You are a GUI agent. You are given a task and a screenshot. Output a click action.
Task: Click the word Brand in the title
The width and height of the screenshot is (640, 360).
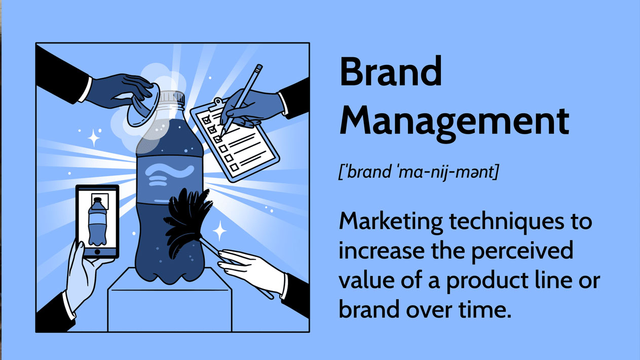tap(391, 71)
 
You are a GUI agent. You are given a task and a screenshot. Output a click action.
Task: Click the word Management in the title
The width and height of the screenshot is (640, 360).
tap(455, 122)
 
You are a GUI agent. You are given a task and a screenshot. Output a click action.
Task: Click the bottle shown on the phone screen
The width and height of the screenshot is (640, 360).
tap(97, 222)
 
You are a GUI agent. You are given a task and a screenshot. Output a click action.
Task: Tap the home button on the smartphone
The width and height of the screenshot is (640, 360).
tap(97, 252)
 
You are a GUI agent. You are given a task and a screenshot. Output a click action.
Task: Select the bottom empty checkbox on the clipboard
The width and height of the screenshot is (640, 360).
tap(234, 167)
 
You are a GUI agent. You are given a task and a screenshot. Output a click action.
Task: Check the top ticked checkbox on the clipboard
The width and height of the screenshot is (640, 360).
tap(207, 120)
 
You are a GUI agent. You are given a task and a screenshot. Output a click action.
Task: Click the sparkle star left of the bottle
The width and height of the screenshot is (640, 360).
tap(93, 138)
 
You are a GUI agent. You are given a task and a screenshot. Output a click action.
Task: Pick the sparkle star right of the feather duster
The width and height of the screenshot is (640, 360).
tap(219, 231)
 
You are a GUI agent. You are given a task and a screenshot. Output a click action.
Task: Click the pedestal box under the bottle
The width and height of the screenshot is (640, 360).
tap(170, 300)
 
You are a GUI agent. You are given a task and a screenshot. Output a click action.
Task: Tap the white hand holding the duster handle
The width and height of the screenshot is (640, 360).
tap(251, 270)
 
